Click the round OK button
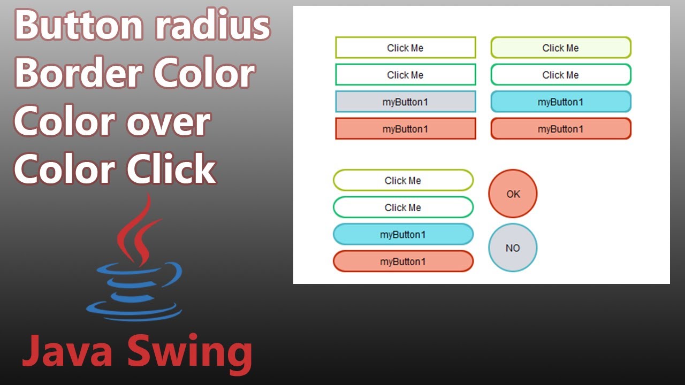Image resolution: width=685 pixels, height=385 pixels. (x=513, y=194)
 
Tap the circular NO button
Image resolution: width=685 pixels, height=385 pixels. (x=513, y=248)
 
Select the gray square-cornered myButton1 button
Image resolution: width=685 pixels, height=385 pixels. (x=405, y=102)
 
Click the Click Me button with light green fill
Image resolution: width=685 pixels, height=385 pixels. (x=560, y=48)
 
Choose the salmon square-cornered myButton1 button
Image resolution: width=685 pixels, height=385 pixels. (x=405, y=129)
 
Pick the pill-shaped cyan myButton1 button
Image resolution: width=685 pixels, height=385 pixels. (x=403, y=234)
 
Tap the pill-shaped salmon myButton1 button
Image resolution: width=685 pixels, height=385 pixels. (x=403, y=261)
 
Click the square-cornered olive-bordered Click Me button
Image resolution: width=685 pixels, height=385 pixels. (x=405, y=48)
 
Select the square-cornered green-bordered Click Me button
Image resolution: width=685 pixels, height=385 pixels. (x=405, y=75)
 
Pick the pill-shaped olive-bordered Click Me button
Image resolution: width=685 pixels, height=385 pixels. (x=403, y=180)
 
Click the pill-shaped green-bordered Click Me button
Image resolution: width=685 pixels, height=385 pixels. (x=403, y=207)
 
